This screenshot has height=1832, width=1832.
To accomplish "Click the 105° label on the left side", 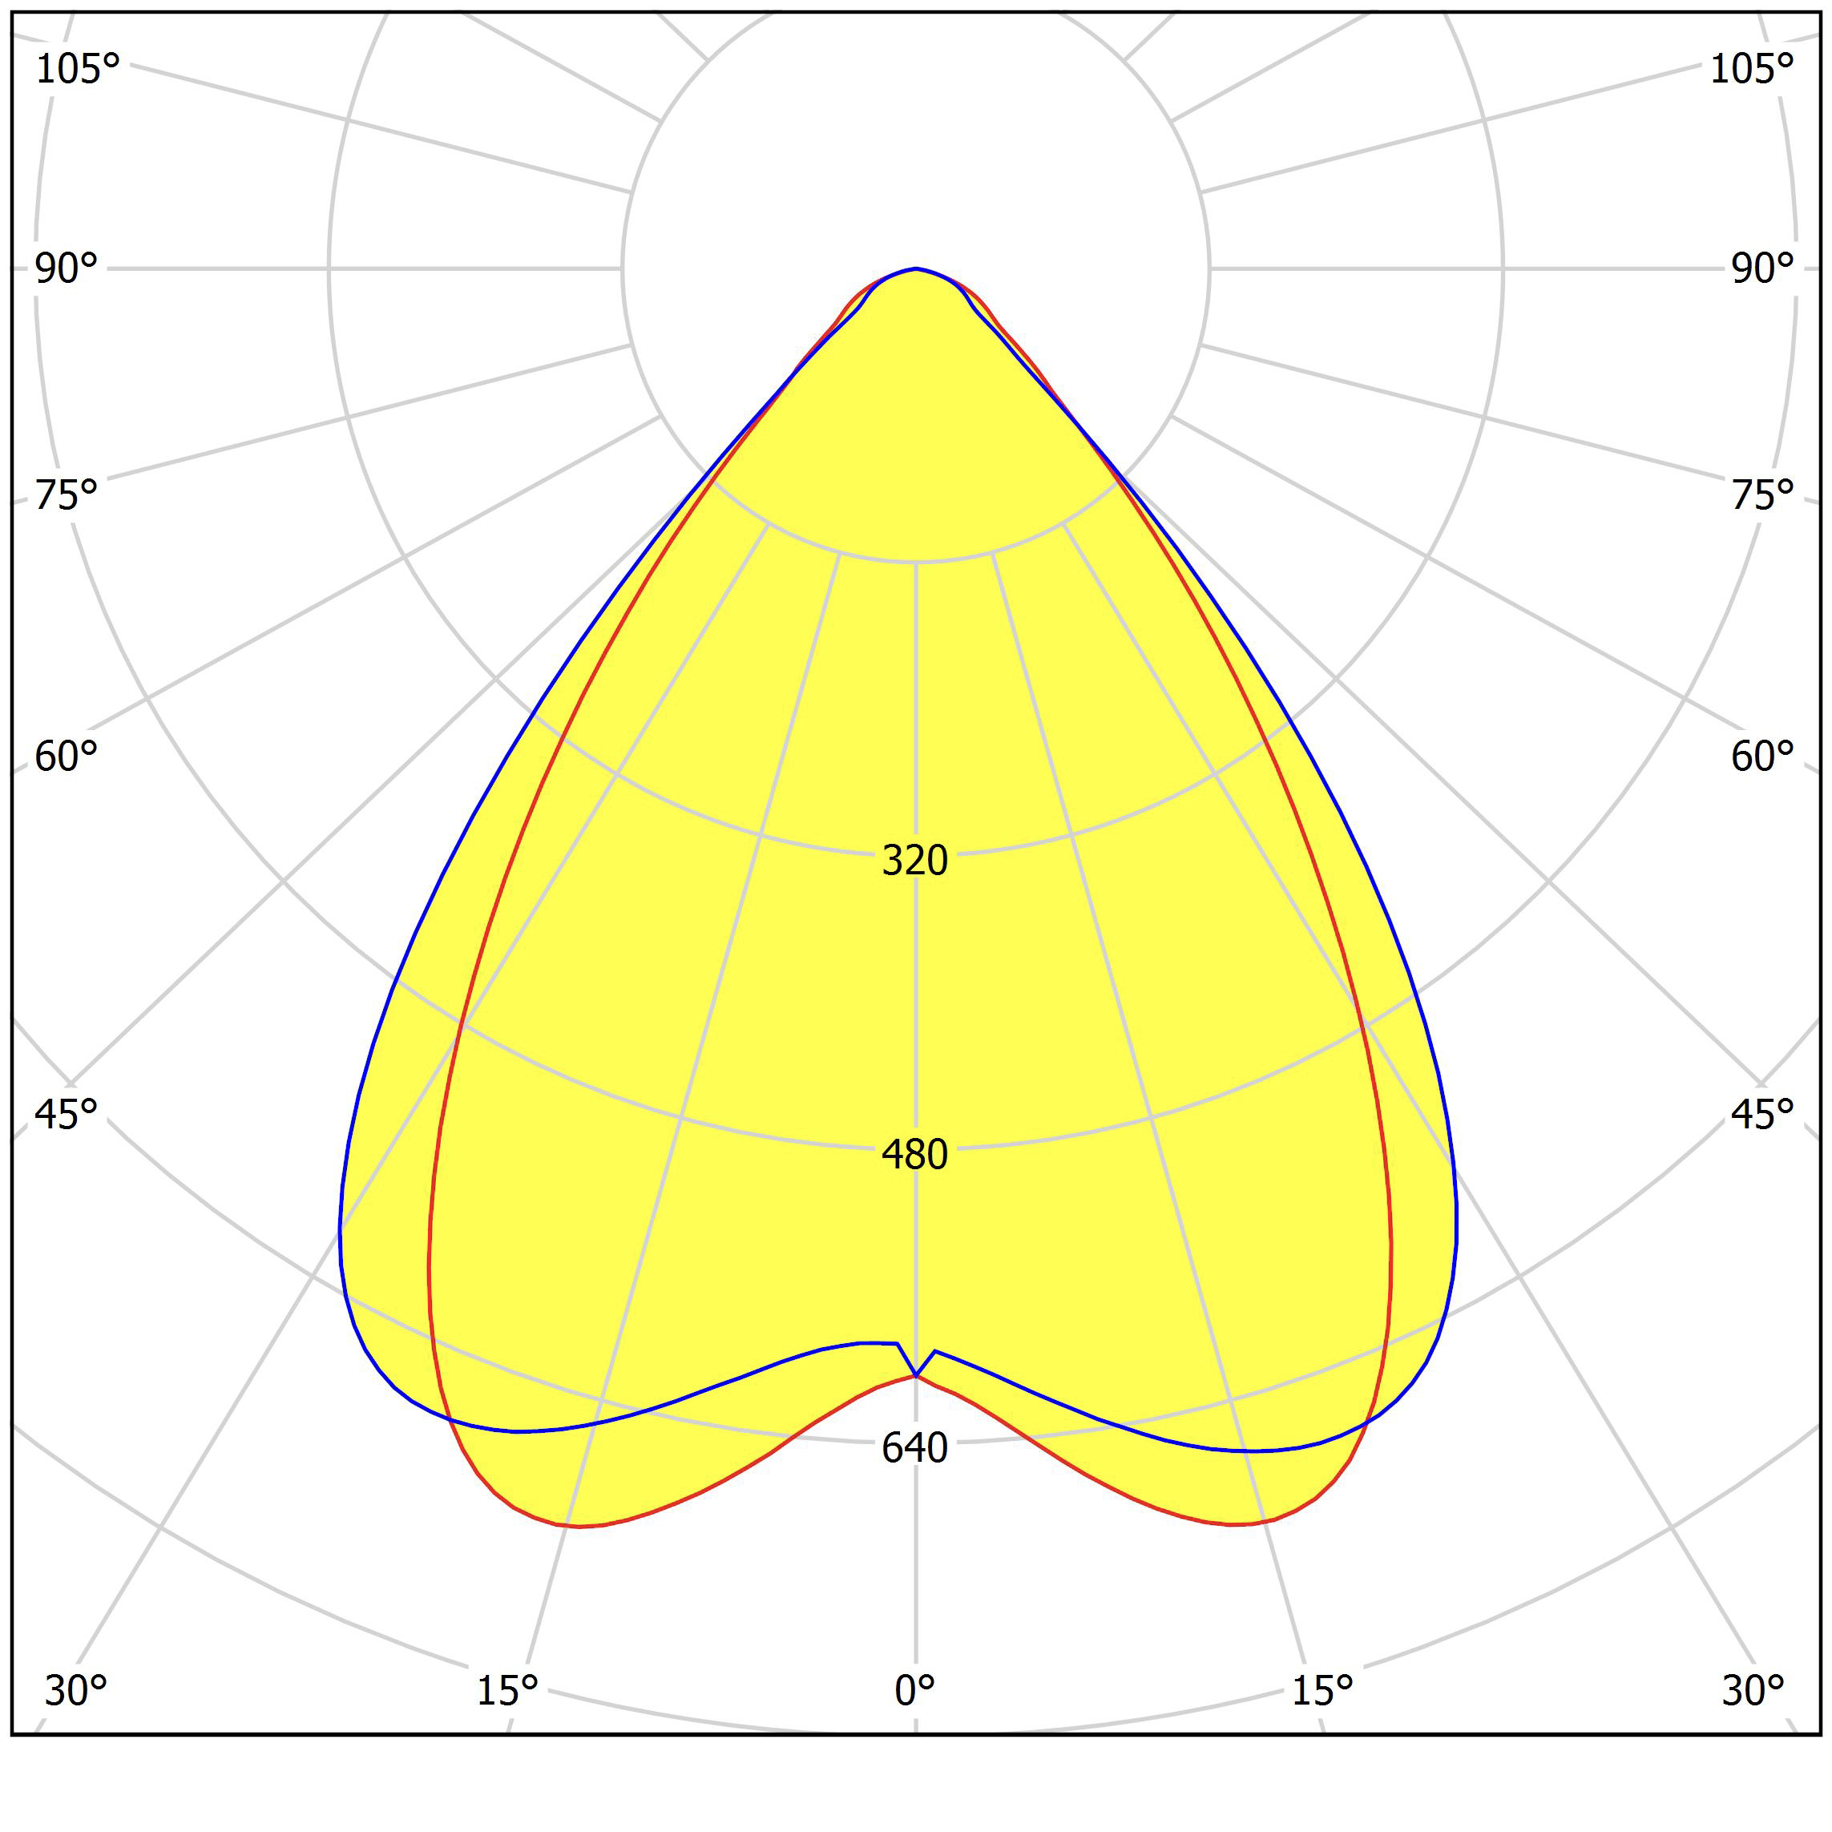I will (77, 69).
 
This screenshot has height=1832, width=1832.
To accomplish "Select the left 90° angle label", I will (67, 269).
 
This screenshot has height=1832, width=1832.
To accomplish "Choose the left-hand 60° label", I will (67, 757).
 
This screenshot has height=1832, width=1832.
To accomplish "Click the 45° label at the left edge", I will (67, 1115).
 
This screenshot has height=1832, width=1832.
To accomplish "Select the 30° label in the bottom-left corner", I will (76, 1691).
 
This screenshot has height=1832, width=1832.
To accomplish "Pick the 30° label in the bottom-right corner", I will (1753, 1691).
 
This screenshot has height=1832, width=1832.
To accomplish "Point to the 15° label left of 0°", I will (507, 1691).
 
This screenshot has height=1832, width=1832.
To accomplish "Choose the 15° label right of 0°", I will (1323, 1691).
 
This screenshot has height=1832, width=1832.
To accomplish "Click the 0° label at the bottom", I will (915, 1691).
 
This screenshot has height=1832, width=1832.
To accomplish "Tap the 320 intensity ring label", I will (915, 860).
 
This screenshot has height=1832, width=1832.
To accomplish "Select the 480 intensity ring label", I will (915, 1154).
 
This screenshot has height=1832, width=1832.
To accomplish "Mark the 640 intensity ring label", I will (915, 1448).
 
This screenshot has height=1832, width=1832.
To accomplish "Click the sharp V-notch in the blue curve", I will (916, 1374).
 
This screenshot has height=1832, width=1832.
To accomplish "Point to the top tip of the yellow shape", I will (916, 269).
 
